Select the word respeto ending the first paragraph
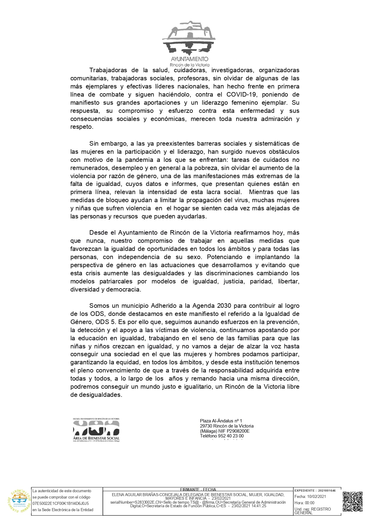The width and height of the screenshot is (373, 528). [81, 127]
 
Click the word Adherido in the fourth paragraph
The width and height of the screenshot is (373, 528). [165, 306]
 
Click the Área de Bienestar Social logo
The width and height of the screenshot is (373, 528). [96, 430]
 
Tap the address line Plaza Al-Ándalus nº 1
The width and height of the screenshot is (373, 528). [221, 421]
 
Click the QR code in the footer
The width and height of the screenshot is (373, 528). [353, 501]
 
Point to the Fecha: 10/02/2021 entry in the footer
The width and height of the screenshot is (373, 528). [310, 496]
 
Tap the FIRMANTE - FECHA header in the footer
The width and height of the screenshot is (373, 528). [198, 489]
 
